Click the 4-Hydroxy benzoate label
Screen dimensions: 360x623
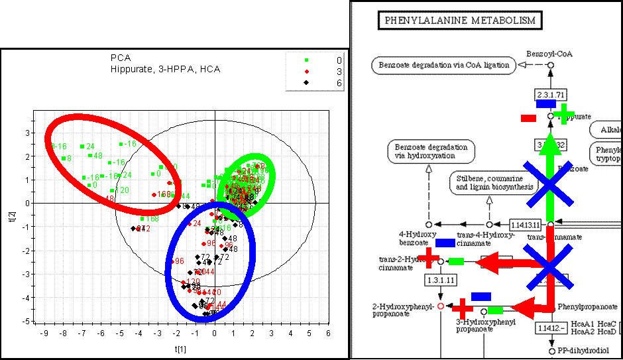click(416, 238)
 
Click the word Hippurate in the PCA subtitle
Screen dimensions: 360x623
click(127, 69)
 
